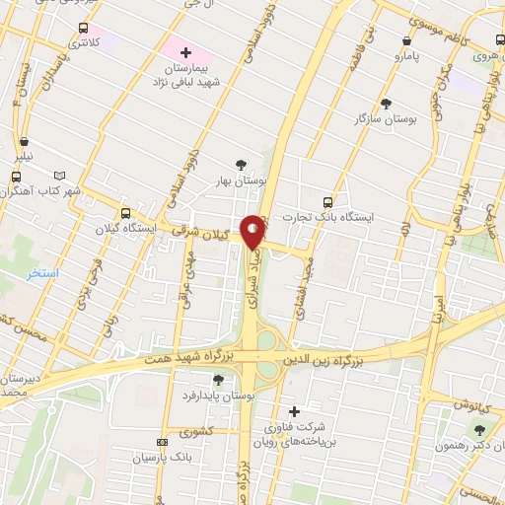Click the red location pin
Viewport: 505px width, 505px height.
coord(253,232)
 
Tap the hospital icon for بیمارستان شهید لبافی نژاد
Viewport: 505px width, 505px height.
coord(184,50)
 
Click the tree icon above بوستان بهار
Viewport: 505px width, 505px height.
coord(242,165)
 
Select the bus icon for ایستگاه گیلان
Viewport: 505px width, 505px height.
coord(125,213)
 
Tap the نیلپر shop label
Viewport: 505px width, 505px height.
coord(23,156)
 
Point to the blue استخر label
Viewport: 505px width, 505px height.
coord(42,271)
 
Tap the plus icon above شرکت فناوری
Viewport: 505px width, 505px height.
coord(293,410)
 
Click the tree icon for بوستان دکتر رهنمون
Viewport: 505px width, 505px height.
coord(479,429)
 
